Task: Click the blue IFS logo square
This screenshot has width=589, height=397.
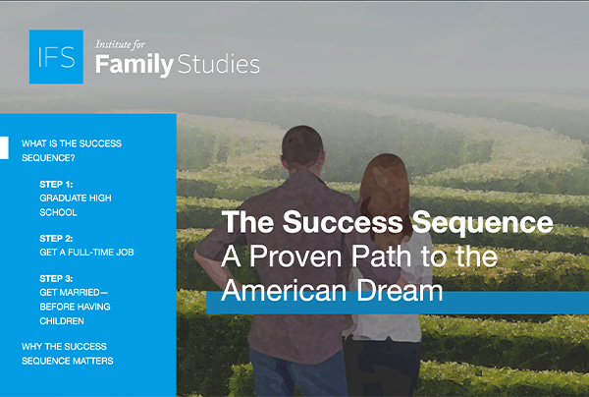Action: point(56,57)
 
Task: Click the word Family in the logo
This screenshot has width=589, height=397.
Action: point(134,65)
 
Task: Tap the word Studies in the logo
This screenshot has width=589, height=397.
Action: point(219,64)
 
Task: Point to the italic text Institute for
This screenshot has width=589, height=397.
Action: point(120,45)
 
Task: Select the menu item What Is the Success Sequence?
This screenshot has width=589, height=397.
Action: point(72,150)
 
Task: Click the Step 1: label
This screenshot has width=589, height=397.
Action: point(56,184)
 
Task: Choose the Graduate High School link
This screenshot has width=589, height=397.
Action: point(76,205)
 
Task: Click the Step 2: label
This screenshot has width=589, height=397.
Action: point(56,239)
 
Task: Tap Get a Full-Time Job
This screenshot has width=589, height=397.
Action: point(86,253)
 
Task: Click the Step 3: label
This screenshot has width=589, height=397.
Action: point(56,278)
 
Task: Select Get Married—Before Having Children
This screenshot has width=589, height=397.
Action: point(76,307)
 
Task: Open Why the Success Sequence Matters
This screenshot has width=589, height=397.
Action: point(68,354)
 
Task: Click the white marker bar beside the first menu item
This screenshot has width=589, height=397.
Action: point(4,147)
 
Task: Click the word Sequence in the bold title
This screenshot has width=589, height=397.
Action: point(483,222)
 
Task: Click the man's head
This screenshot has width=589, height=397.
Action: point(302,148)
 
